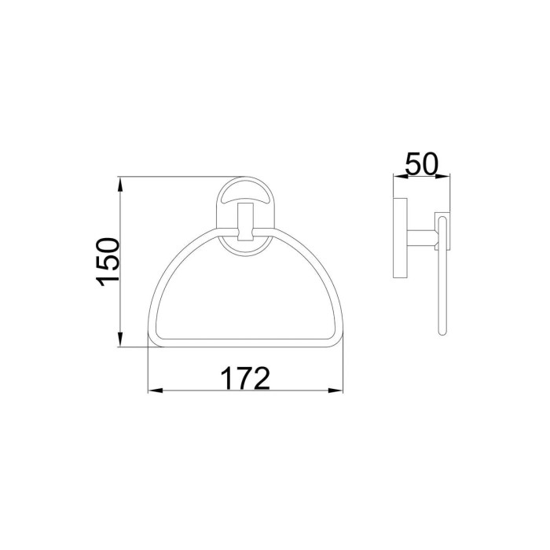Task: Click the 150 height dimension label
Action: [x=108, y=262]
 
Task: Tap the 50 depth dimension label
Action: [x=422, y=163]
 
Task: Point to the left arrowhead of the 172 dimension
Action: [x=156, y=390]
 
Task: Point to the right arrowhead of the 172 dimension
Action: [x=335, y=390]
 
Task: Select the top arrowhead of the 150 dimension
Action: [x=120, y=185]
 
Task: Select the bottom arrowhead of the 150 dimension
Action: [x=120, y=339]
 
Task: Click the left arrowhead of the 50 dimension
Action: [x=401, y=176]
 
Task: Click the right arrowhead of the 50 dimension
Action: [x=443, y=176]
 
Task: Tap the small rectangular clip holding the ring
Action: [x=245, y=222]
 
